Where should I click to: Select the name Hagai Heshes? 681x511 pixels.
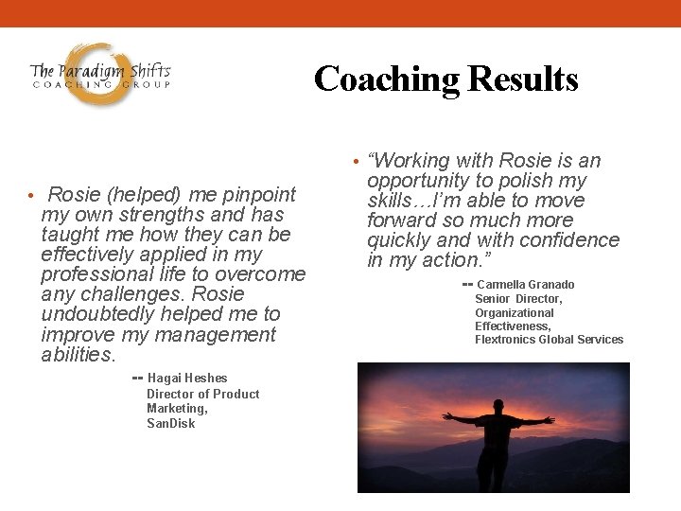coord(187,378)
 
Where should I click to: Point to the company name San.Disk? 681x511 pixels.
coord(170,423)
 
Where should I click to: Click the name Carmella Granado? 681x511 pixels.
coord(525,285)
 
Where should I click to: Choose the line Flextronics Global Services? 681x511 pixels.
coord(549,339)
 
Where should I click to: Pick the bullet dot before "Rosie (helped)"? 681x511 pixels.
coord(30,196)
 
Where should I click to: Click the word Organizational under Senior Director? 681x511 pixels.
coord(514,312)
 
